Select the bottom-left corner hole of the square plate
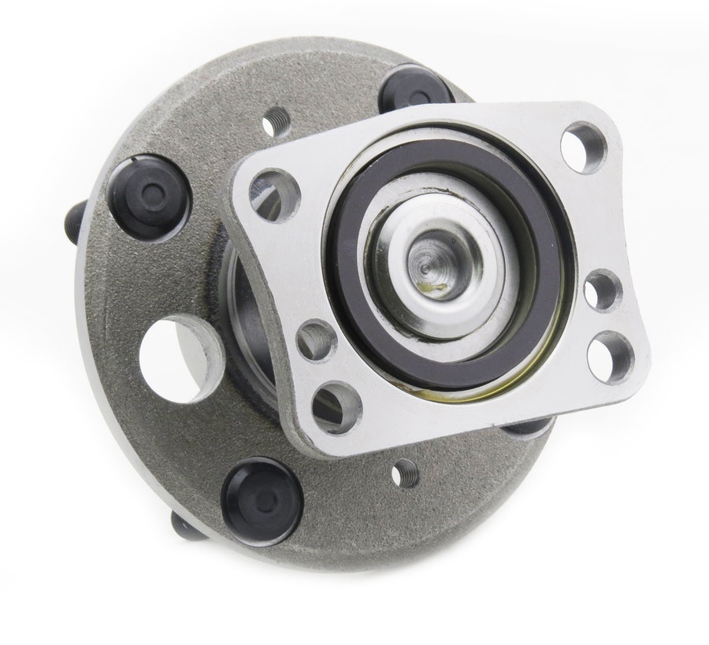pos(336,407)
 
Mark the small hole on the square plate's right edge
pos(603,289)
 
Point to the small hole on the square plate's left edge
pos(314,339)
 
